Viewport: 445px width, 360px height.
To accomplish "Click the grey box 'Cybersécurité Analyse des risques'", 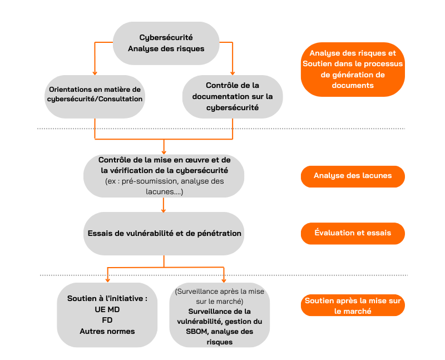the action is [x=166, y=43].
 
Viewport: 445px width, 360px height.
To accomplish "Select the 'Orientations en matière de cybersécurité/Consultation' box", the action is [x=95, y=96].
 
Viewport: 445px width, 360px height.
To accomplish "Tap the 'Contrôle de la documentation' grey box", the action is [x=233, y=96].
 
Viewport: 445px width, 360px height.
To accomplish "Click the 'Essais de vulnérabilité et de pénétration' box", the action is [x=164, y=233].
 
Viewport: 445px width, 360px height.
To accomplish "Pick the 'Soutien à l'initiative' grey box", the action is [x=107, y=315].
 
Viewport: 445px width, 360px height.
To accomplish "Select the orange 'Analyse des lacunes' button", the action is [x=353, y=176].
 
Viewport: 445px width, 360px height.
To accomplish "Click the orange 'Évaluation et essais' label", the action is [x=353, y=233].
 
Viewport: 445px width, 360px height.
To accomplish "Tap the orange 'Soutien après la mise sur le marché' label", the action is [x=353, y=305].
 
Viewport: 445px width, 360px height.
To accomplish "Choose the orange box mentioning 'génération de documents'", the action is [x=353, y=70].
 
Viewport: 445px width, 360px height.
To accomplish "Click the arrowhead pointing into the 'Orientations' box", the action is [x=95, y=73].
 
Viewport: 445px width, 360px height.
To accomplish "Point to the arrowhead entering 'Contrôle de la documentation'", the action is [x=233, y=73].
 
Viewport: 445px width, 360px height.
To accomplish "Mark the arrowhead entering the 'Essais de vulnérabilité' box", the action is [x=163, y=210].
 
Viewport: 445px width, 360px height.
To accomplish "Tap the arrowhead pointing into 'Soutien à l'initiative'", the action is [x=107, y=280].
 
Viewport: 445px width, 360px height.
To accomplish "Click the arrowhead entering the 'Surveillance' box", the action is [x=224, y=280].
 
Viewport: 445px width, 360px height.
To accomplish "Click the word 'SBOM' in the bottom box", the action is [x=196, y=332].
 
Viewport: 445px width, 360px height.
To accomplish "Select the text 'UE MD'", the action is [x=107, y=309].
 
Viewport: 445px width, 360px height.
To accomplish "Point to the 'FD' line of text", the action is [x=107, y=320].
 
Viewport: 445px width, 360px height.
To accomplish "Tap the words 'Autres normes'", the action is [x=107, y=331].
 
